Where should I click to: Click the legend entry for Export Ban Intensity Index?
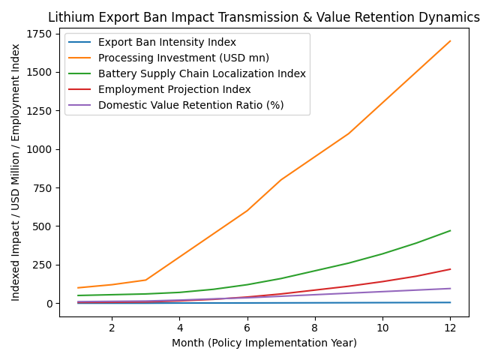(x=167, y=43)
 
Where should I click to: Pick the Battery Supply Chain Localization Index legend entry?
(x=202, y=73)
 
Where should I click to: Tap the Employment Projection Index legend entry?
(x=175, y=89)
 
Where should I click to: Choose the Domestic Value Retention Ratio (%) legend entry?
(x=190, y=105)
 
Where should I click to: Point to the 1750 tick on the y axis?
(x=39, y=34)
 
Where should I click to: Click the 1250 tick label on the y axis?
(x=39, y=111)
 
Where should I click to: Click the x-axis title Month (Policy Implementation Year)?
(x=264, y=343)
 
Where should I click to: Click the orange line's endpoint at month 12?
(x=450, y=41)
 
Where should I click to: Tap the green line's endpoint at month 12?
(x=450, y=231)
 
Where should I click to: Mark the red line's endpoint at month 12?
(x=450, y=269)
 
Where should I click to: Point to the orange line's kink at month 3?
(x=145, y=280)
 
